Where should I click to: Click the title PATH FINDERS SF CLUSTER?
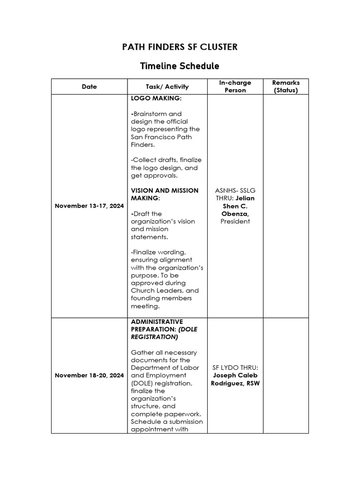point(180,47)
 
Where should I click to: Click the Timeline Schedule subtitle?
point(180,66)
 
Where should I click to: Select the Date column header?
point(89,87)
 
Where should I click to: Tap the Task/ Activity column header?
point(167,87)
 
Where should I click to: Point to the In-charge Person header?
point(235,87)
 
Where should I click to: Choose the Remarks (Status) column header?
point(286,87)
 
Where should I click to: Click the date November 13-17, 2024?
point(89,206)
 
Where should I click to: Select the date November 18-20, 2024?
point(89,375)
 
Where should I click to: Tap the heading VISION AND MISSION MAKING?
point(165,195)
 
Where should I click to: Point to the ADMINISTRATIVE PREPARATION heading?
point(157,325)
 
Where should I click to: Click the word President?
point(235,221)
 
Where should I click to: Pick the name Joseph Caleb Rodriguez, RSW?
point(235,379)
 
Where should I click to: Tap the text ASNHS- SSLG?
point(235,191)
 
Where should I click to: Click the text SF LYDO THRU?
point(235,367)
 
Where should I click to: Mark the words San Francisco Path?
point(161,137)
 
